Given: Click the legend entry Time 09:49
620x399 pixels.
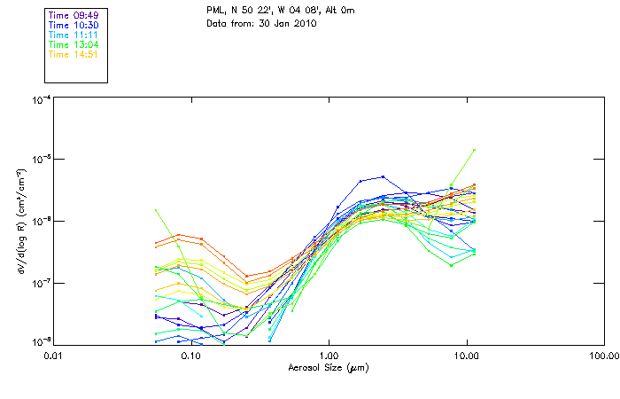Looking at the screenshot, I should (74, 15).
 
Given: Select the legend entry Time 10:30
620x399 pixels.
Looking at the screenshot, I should (74, 25).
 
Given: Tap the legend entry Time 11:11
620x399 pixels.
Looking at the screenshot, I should (74, 35).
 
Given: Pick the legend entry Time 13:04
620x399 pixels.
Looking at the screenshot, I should (74, 44).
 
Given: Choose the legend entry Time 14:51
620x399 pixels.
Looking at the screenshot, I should (74, 54).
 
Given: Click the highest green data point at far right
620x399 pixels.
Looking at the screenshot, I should (475, 150).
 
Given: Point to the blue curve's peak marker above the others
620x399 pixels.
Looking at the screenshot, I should (383, 176).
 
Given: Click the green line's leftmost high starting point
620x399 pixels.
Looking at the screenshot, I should (156, 210).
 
